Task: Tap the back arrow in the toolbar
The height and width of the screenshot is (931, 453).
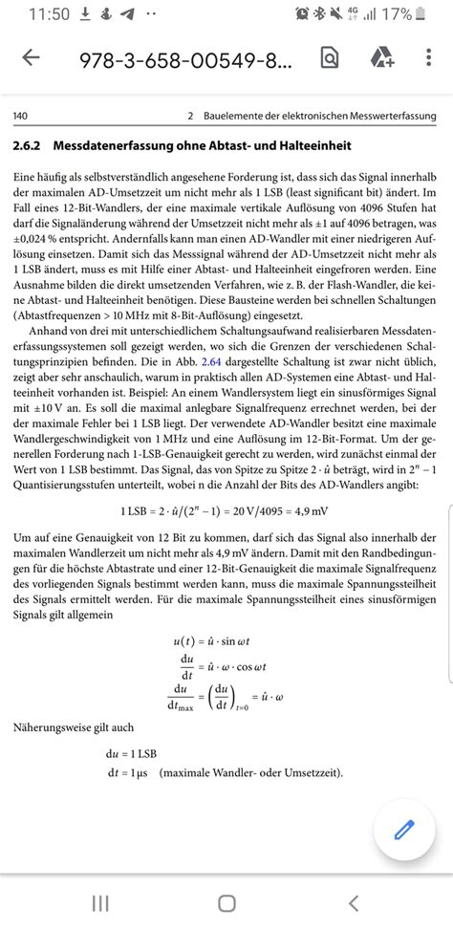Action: [31, 58]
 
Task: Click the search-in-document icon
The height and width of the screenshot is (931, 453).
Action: [329, 58]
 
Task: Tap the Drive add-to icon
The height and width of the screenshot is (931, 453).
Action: [382, 58]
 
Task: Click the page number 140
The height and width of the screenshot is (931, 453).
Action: [19, 117]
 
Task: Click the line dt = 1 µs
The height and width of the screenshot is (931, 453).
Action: [128, 772]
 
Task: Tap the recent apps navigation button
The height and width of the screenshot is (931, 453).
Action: [99, 903]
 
